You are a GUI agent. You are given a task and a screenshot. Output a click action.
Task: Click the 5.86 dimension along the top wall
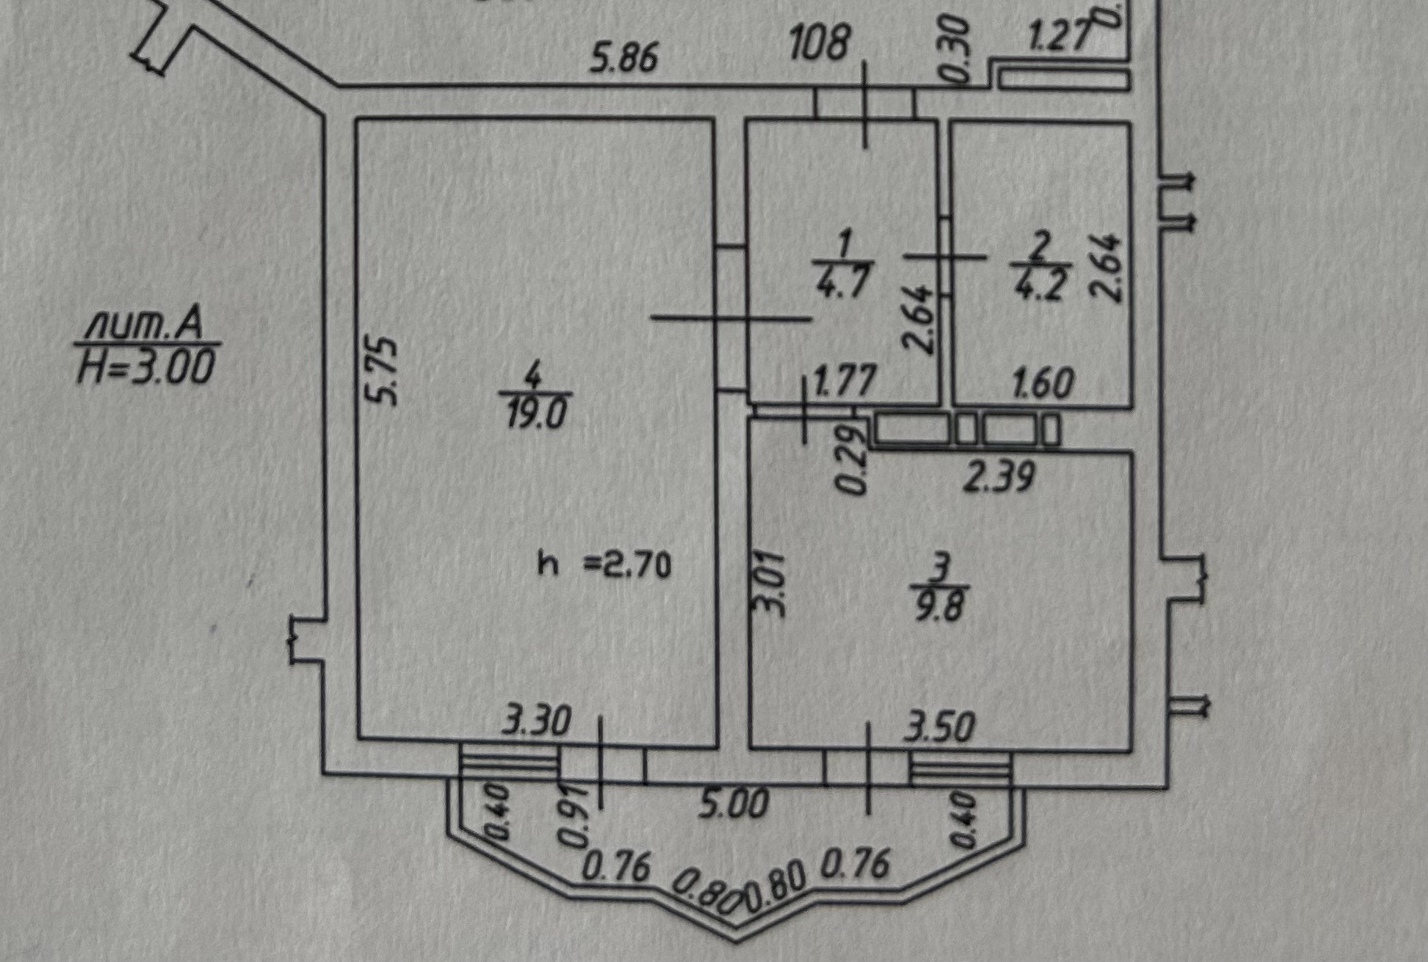[624, 59]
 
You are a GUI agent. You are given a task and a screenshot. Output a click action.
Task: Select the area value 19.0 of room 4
[535, 413]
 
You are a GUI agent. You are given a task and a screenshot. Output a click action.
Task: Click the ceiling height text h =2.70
[604, 564]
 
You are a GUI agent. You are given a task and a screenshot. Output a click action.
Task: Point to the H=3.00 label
[145, 367]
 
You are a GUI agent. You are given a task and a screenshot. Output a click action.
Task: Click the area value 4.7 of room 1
[843, 283]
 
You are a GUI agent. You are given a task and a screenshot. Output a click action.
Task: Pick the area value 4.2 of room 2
[1039, 284]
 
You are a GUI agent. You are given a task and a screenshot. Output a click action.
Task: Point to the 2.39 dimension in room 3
[999, 476]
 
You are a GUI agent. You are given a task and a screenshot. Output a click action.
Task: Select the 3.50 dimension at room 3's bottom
[939, 726]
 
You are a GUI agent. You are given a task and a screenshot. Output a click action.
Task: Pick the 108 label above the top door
[818, 44]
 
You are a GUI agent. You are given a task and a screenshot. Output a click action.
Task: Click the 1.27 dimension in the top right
[1060, 37]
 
